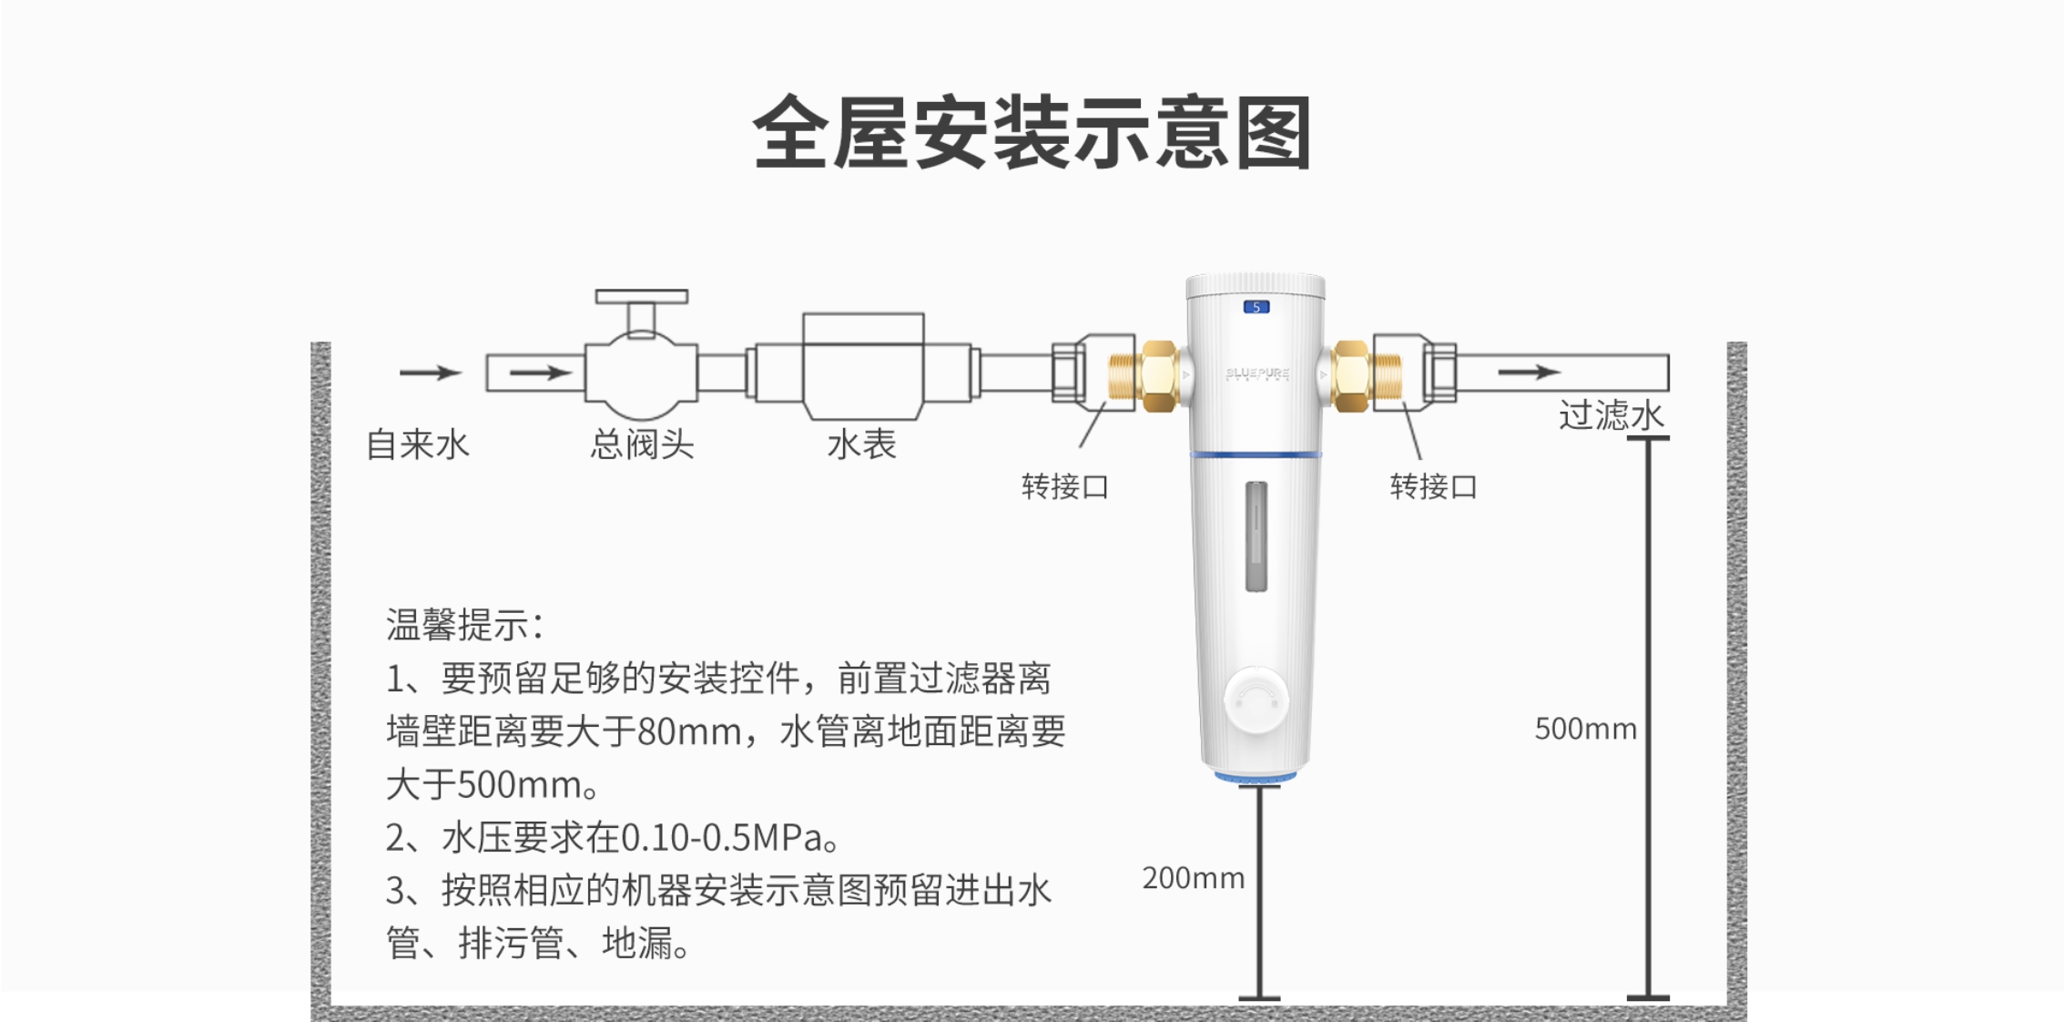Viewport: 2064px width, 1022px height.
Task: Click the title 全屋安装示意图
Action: point(1032,133)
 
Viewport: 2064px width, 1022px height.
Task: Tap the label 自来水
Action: point(418,445)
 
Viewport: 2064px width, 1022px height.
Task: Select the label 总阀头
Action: point(642,445)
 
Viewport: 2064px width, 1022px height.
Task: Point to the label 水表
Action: point(861,445)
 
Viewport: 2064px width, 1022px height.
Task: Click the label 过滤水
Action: point(1612,415)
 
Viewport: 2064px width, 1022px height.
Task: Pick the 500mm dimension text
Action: point(1585,729)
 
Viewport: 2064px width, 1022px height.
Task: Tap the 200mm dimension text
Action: point(1193,878)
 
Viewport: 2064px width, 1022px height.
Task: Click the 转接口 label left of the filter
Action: point(1065,487)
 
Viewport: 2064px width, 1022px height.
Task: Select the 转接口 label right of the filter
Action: point(1433,487)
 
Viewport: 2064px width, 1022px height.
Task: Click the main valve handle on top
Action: point(642,297)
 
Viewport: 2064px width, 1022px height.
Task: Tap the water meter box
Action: point(863,365)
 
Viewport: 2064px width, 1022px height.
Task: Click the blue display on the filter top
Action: point(1256,307)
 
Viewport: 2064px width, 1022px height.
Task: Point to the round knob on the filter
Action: point(1256,700)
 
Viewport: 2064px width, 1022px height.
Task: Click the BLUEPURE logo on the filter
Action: point(1257,373)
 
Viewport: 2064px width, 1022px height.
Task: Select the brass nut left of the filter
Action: point(1158,375)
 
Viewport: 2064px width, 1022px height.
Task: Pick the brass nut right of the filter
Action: point(1351,375)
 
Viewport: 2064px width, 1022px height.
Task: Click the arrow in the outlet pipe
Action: point(1530,372)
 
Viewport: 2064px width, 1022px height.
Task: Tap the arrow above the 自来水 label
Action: point(431,372)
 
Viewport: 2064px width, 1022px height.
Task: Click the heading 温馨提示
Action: point(464,625)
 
